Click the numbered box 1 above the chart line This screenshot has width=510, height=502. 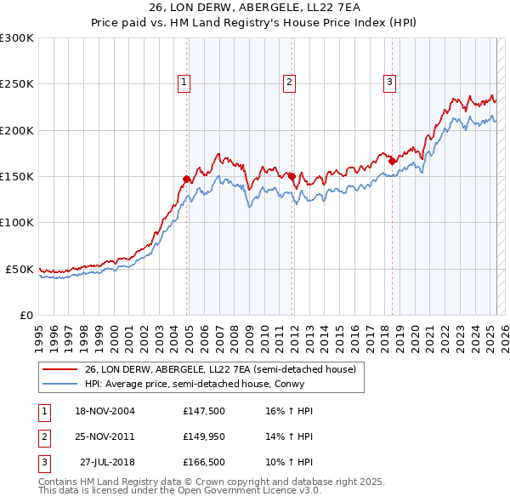pos(184,83)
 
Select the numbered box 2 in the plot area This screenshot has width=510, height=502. pos(289,83)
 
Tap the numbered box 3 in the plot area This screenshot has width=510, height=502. pos(389,83)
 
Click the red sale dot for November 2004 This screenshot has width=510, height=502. pos(187,179)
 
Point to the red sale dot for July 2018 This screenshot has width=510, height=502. pos(392,161)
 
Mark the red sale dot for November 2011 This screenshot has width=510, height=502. pos(292,176)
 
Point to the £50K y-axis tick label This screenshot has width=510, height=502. pos(20,269)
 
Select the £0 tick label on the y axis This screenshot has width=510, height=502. pos(27,315)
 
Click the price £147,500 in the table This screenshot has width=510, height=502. pos(203,411)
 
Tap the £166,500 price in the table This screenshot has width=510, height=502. pos(203,464)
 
